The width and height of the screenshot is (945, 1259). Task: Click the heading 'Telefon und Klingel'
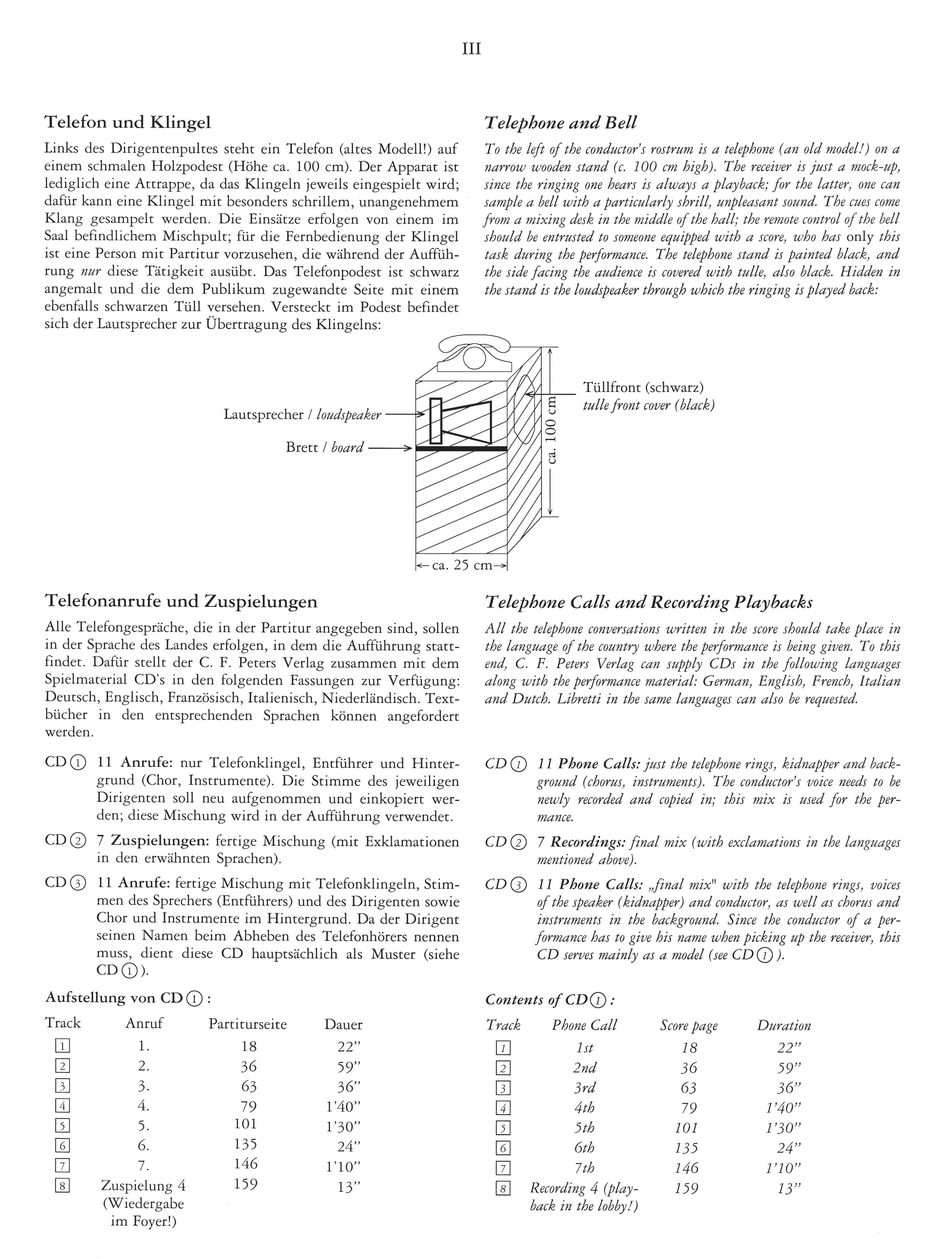(128, 122)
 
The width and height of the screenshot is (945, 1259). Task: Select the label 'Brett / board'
(324, 447)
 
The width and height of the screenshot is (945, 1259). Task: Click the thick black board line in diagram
(461, 449)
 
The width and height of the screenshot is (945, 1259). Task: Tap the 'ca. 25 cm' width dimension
(462, 566)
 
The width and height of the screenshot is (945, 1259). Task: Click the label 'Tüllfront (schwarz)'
(643, 388)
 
